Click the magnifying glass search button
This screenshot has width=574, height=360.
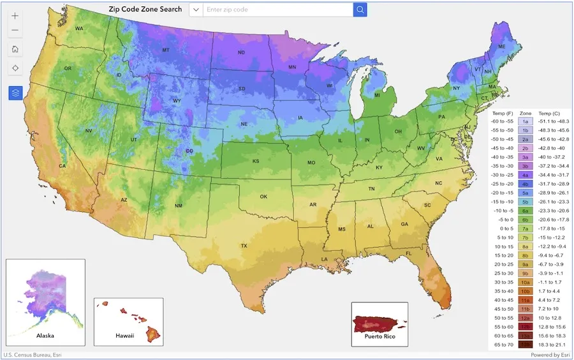(360, 10)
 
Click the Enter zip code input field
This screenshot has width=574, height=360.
(277, 10)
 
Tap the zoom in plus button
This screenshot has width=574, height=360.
(15, 16)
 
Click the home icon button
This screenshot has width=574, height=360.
(15, 49)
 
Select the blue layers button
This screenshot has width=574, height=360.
(15, 93)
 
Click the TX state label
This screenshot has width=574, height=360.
(244, 246)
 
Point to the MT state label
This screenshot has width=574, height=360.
(166, 50)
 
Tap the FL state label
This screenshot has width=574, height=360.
(409, 253)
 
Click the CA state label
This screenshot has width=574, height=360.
(63, 166)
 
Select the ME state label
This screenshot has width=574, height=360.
(502, 47)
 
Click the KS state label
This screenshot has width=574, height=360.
(256, 161)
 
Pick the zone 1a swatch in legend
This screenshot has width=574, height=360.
(526, 121)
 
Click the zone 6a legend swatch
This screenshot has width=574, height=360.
(526, 210)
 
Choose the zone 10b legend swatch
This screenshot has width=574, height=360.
(526, 290)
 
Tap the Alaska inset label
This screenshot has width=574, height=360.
(45, 335)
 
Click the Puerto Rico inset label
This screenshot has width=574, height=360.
(379, 335)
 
